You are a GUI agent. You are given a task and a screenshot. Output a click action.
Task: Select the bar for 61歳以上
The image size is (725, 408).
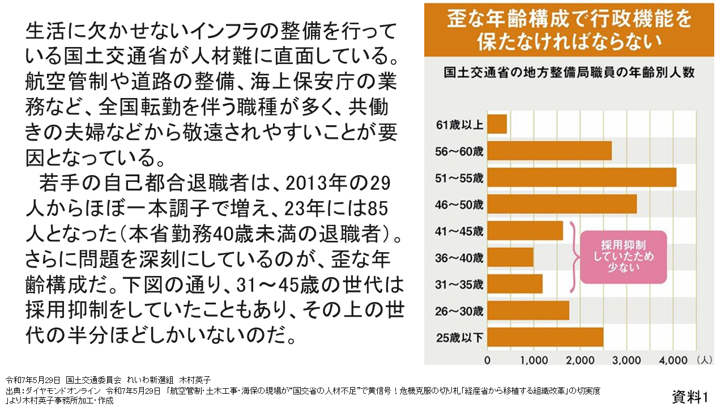point(497,124)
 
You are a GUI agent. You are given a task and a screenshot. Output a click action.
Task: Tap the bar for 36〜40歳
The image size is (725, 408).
point(510,257)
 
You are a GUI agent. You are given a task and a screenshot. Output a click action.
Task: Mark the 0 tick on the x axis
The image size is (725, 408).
point(488,359)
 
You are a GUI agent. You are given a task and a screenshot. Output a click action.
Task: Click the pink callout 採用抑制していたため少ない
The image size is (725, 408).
point(624,256)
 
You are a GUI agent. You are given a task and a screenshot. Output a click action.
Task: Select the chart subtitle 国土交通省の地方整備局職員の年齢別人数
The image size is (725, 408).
point(569,73)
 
